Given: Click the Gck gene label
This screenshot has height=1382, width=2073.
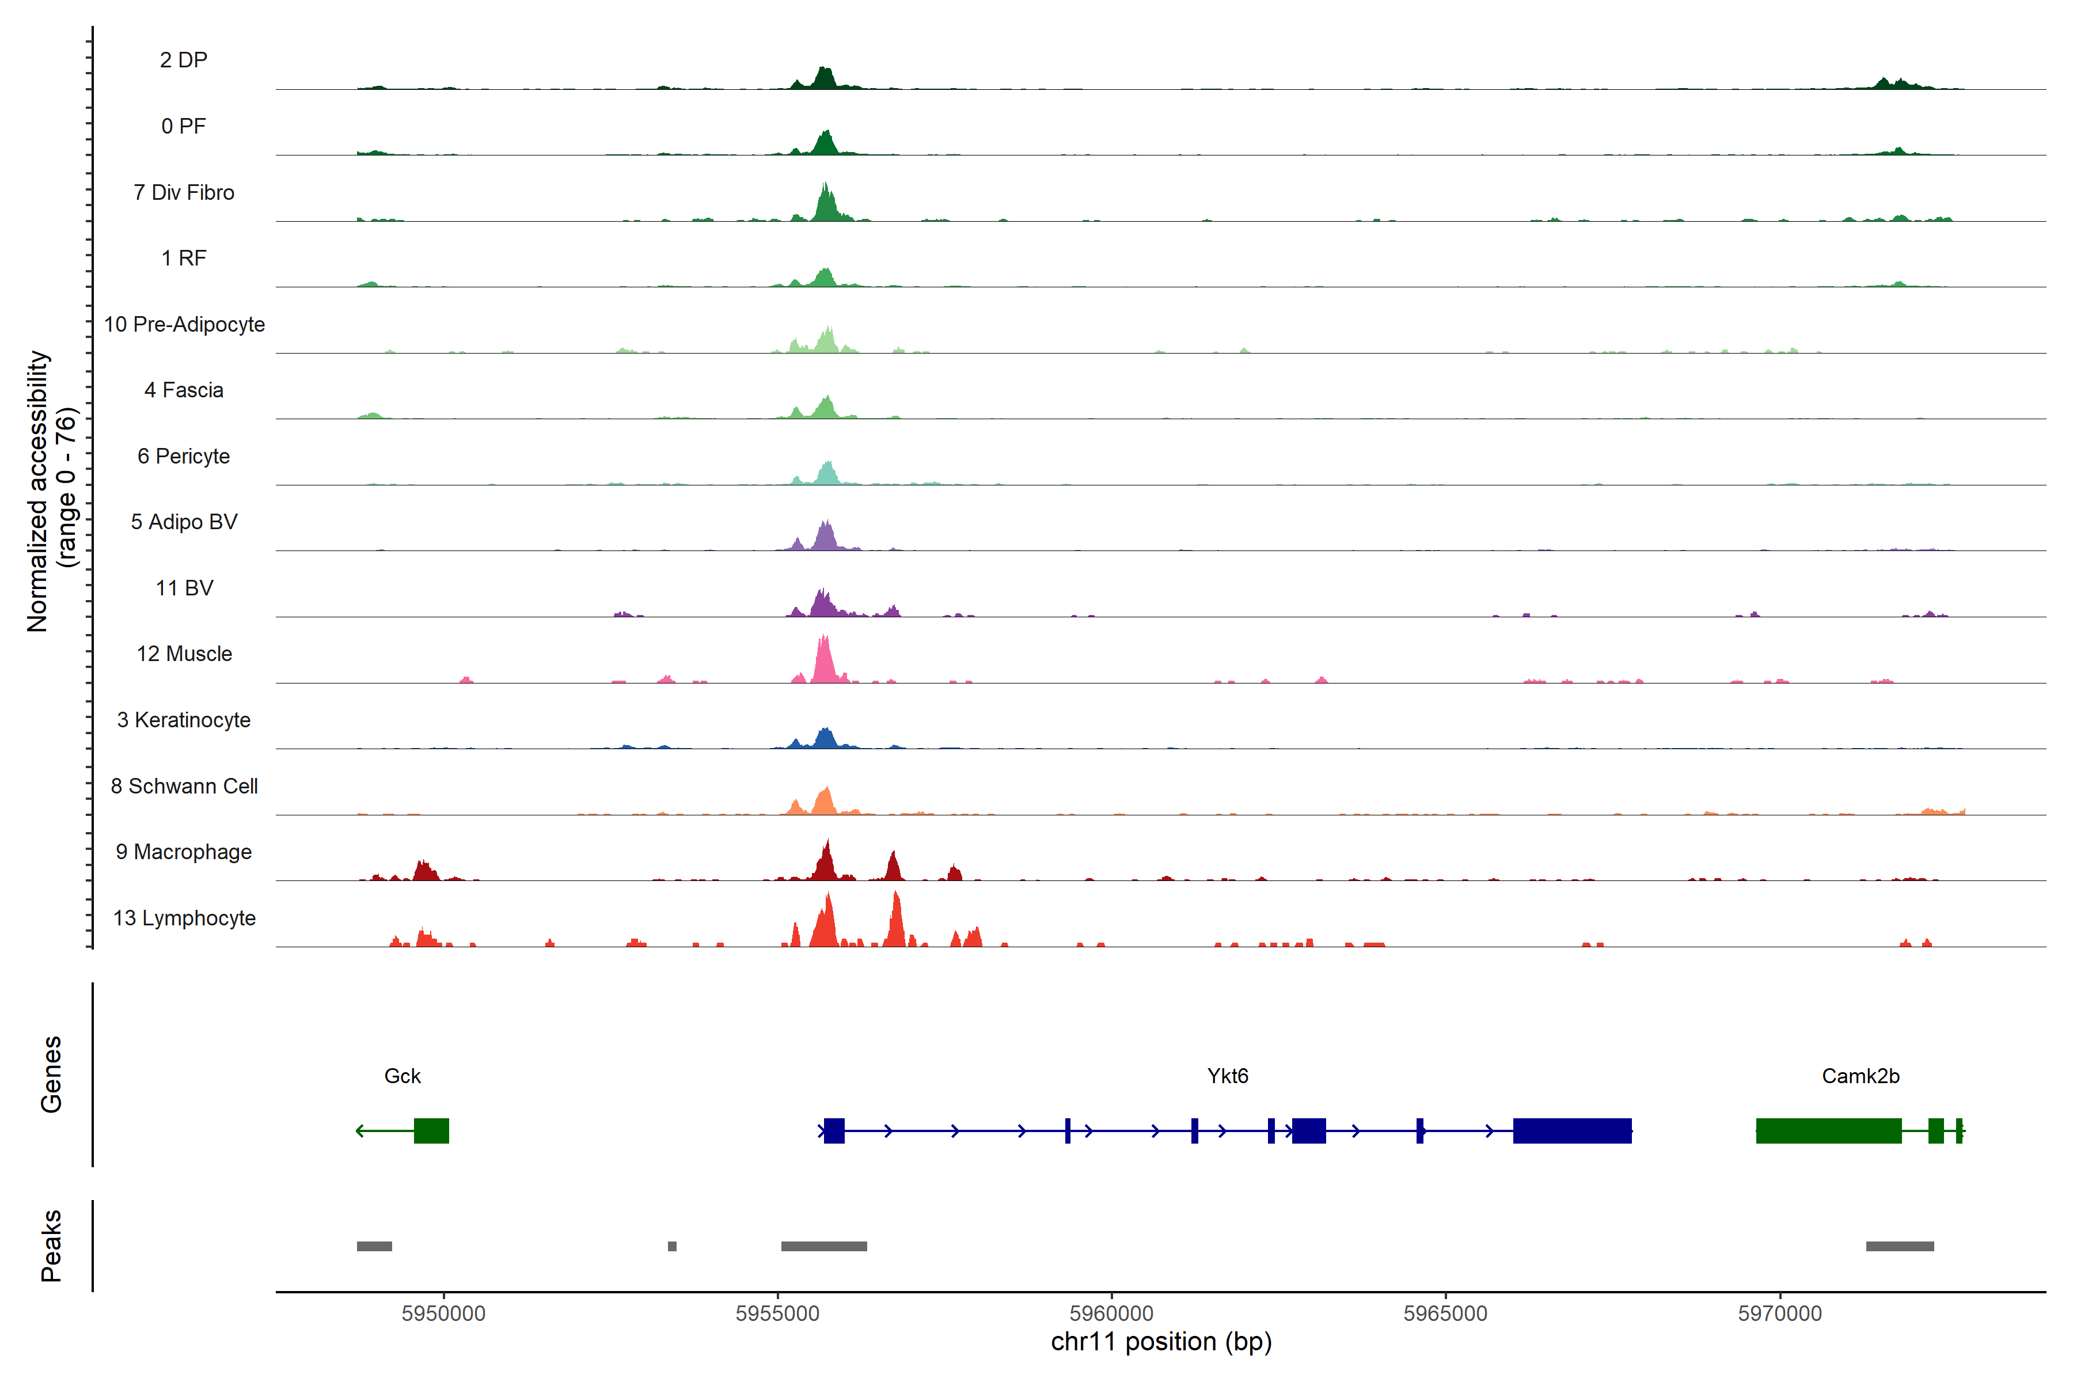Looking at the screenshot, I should [x=402, y=1076].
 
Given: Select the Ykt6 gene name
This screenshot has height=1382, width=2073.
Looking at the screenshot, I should [x=1227, y=1076].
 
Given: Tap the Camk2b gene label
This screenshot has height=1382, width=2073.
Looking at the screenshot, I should [x=1860, y=1076].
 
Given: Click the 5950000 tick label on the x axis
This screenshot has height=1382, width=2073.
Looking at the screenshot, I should [x=443, y=1313].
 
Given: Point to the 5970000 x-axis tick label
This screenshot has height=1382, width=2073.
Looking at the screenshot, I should [x=1779, y=1313].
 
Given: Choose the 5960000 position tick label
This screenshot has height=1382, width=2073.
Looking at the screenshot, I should [x=1111, y=1313].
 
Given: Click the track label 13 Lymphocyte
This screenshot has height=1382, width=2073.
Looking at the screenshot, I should [x=184, y=918].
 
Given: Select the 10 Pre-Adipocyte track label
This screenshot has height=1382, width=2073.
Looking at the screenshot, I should [x=184, y=324].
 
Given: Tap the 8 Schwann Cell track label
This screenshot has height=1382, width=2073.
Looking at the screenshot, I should [x=184, y=786].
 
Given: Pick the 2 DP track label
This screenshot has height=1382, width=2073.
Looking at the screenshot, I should [x=183, y=60].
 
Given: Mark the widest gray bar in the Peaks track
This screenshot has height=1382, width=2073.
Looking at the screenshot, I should [x=823, y=1246].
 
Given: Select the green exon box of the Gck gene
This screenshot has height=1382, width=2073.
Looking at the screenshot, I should [x=431, y=1131].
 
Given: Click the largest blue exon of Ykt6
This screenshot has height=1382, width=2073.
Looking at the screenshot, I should [x=1571, y=1131].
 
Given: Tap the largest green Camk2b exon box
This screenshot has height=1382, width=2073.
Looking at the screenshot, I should [x=1828, y=1131].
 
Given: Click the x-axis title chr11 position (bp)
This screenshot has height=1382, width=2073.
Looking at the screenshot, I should [x=1161, y=1342].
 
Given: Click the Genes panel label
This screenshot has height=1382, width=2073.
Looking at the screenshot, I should [x=51, y=1075].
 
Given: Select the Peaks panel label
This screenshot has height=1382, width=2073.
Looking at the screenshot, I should [x=51, y=1246].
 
